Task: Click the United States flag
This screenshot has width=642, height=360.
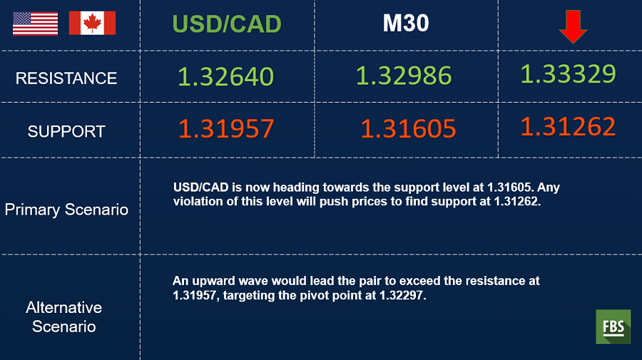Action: click(x=35, y=24)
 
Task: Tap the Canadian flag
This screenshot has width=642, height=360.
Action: click(x=92, y=23)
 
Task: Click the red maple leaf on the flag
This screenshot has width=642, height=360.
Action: click(x=92, y=23)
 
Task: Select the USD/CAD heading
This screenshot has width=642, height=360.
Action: click(x=227, y=24)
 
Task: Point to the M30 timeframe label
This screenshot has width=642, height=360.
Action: click(x=406, y=23)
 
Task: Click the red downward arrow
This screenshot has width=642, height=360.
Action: click(x=574, y=26)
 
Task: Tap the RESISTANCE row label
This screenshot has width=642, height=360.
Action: click(x=66, y=78)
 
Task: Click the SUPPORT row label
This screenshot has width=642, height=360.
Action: click(x=66, y=131)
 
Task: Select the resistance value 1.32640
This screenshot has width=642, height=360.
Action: click(x=225, y=76)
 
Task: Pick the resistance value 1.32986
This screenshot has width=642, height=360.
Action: click(x=404, y=76)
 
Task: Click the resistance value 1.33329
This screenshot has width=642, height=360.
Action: click(x=568, y=73)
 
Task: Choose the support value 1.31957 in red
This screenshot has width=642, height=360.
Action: click(x=226, y=128)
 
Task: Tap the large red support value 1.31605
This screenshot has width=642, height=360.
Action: click(x=408, y=128)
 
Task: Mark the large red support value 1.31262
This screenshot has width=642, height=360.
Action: click(x=568, y=126)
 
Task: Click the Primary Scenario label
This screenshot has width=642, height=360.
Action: click(x=66, y=210)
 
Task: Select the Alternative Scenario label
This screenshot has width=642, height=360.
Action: click(x=64, y=317)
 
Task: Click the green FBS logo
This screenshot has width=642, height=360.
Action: click(x=613, y=326)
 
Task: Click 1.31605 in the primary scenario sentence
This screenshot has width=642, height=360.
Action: click(x=509, y=187)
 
